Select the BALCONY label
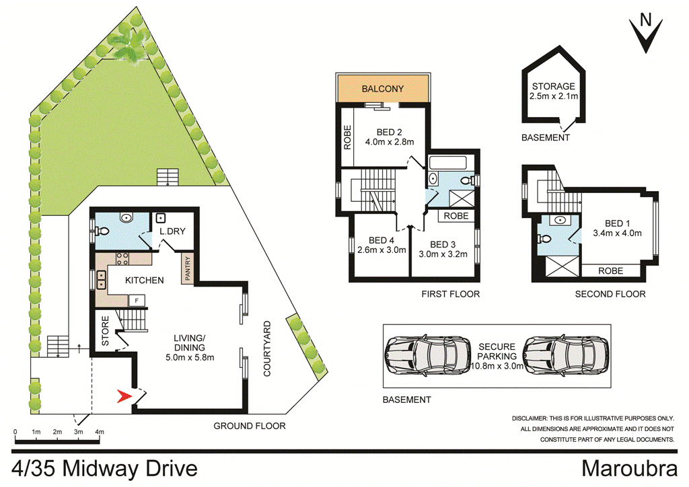(x=382, y=89)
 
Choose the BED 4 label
(x=381, y=240)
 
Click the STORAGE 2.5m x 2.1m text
(x=553, y=91)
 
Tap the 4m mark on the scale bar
(x=100, y=432)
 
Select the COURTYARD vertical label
(x=266, y=348)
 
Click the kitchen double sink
(x=100, y=274)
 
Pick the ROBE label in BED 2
(x=348, y=137)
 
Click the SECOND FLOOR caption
(x=610, y=294)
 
